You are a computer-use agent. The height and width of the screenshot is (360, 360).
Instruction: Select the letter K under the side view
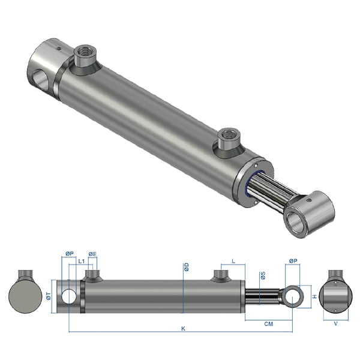point(183,328)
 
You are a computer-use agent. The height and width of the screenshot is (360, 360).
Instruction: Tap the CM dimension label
point(269,323)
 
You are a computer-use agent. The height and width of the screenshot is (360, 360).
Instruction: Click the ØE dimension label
point(92,254)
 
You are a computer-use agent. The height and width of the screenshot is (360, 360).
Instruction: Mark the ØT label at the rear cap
point(50,294)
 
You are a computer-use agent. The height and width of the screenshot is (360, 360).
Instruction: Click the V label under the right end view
point(335,323)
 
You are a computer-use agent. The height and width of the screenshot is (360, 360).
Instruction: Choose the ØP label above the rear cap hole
point(69,254)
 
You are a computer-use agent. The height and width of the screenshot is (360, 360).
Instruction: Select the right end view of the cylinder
point(335,296)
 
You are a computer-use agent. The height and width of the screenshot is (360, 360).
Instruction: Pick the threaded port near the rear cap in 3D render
point(83,59)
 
